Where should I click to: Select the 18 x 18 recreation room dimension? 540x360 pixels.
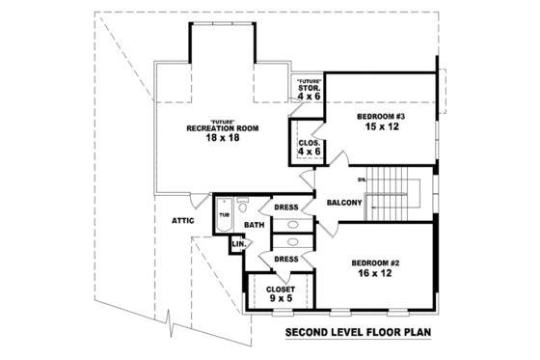[222, 138]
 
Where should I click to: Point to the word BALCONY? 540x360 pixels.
[343, 203]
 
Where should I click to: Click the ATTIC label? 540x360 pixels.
[183, 220]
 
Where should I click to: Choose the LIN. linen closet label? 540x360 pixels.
[237, 245]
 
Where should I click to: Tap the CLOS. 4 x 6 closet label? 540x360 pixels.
[310, 146]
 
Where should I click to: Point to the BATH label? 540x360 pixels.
[254, 225]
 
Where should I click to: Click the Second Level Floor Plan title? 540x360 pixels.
[357, 335]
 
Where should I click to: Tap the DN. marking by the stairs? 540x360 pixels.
[363, 180]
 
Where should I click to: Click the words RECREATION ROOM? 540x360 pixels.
[222, 127]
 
